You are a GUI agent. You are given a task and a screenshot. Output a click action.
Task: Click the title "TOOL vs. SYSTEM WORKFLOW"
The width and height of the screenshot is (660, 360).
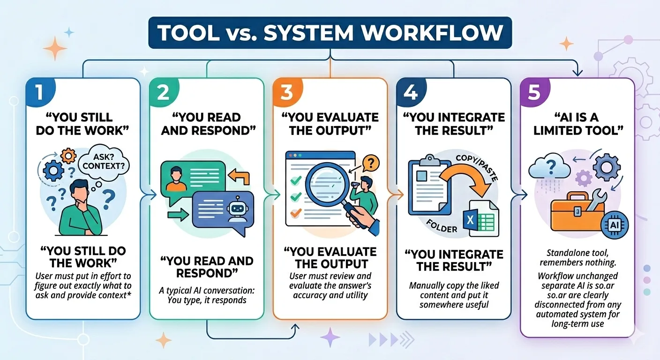[330, 32]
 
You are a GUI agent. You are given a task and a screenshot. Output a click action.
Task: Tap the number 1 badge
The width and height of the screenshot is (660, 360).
[39, 91]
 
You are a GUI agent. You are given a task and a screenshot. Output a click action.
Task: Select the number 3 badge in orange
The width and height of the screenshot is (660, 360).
[286, 91]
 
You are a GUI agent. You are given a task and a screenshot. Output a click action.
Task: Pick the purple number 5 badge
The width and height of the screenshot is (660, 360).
[533, 91]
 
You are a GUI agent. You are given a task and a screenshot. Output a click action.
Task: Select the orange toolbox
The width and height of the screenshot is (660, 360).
[576, 213]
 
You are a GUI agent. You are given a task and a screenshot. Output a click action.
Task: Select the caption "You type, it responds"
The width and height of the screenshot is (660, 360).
[207, 300]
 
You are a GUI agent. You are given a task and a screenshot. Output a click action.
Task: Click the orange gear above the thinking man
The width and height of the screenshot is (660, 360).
[69, 154]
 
